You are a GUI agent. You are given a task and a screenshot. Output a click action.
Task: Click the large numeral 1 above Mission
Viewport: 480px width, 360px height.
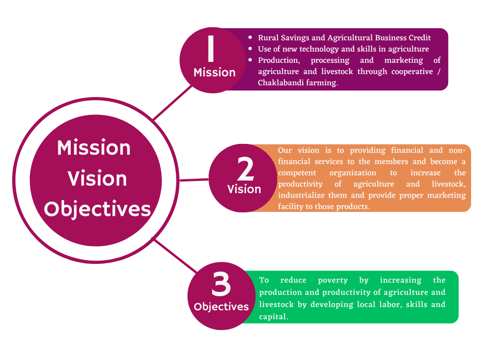[x=211, y=49]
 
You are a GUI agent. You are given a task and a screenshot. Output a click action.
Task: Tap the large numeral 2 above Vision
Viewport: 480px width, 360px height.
[x=246, y=169]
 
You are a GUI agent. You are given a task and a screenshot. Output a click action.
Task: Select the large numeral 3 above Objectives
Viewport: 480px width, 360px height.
[x=221, y=284]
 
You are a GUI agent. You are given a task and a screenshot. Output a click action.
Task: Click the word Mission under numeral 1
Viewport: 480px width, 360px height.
[x=215, y=72]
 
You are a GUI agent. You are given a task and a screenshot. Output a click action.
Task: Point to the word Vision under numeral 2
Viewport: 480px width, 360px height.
[x=244, y=189]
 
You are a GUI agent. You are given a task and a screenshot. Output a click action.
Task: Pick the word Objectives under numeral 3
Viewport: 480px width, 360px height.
[x=221, y=307]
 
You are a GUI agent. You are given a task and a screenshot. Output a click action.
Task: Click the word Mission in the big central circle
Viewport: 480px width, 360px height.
[x=94, y=148]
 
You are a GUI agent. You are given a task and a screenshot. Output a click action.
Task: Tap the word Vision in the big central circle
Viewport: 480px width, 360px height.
[x=97, y=179]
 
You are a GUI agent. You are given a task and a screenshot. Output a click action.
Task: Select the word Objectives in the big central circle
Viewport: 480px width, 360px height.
[x=97, y=209]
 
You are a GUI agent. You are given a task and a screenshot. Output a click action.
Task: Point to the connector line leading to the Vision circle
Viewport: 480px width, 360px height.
[x=194, y=179]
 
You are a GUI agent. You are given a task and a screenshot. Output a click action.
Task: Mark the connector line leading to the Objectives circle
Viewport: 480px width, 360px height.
[x=176, y=256]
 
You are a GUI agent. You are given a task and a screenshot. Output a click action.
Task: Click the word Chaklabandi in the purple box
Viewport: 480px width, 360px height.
[x=279, y=83]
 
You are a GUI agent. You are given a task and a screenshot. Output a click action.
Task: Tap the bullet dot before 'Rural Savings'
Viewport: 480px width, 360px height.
[x=250, y=37]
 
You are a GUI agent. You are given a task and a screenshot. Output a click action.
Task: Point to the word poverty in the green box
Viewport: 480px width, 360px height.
[x=333, y=280]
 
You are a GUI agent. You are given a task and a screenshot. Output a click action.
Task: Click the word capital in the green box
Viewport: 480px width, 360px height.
[x=273, y=317]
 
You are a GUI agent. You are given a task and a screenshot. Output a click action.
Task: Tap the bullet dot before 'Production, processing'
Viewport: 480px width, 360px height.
[x=250, y=60]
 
